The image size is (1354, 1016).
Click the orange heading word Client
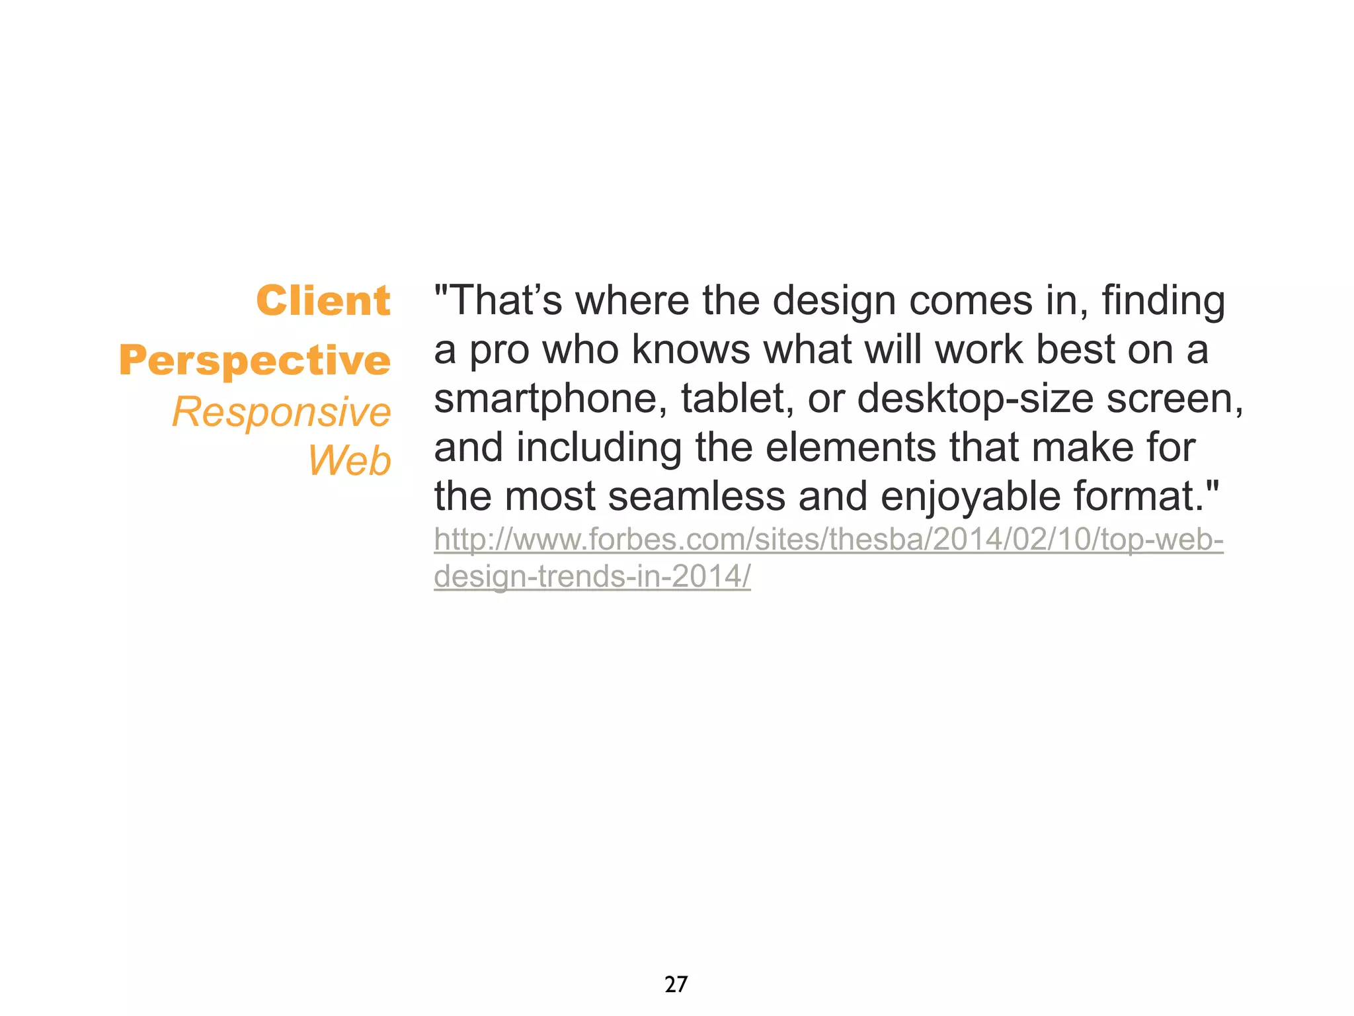(323, 301)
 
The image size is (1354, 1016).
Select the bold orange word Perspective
(255, 360)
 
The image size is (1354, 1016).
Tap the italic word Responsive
(282, 412)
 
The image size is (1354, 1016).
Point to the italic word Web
(350, 460)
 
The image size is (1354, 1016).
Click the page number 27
(676, 984)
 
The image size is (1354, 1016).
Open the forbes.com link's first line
(828, 540)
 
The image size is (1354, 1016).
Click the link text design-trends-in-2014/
(592, 576)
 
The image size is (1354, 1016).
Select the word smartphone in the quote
(550, 399)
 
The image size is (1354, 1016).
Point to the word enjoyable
(970, 496)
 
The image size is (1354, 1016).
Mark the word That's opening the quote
(505, 301)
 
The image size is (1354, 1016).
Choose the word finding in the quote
(1163, 301)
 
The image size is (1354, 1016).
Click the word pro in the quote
(499, 350)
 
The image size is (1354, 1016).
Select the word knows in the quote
(690, 350)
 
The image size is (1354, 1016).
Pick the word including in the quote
(598, 448)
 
